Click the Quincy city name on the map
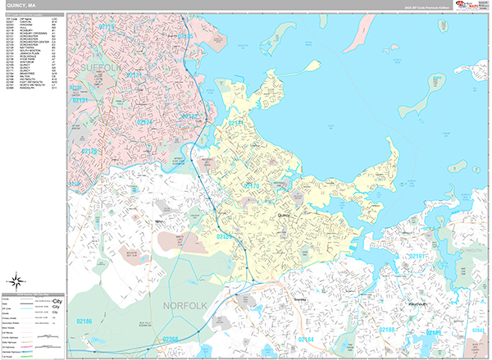pos(285,215)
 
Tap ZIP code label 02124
pos(144,122)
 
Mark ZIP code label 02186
pos(84,320)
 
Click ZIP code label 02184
pos(305,339)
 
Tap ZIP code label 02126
pos(88,151)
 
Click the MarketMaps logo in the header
pos(466,6)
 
